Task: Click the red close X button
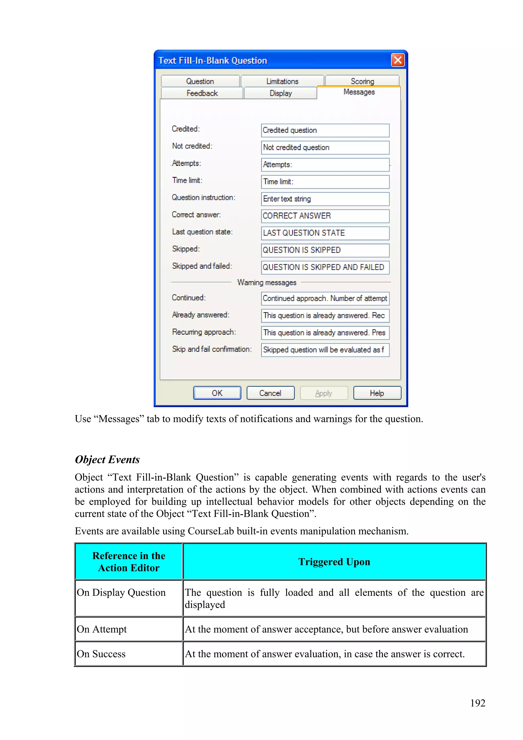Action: click(398, 60)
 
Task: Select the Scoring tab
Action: click(362, 81)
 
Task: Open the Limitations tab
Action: click(282, 81)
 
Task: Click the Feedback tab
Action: click(202, 93)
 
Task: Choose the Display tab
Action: click(280, 93)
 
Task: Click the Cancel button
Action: click(270, 393)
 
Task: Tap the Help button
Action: click(377, 393)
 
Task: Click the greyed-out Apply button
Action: click(324, 393)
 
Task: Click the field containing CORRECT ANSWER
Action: click(325, 216)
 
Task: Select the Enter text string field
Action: click(325, 199)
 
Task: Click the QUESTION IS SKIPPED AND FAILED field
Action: click(325, 267)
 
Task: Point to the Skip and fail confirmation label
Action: click(212, 349)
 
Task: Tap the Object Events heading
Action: click(107, 459)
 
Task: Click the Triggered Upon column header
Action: click(334, 562)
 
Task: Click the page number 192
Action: click(477, 703)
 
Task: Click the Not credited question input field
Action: click(325, 148)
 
